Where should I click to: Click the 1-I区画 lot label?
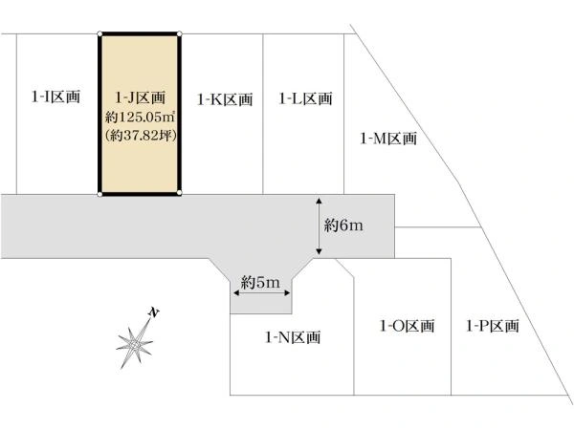point(55,97)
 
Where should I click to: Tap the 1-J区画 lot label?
point(141,97)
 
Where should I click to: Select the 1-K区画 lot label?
point(225,99)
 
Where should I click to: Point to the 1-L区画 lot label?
point(306,98)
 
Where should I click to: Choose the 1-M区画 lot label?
point(388,139)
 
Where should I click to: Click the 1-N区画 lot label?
point(293,337)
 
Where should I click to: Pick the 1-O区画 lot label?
point(408,326)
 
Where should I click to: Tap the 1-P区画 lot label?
point(493,326)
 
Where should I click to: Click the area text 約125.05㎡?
point(140,118)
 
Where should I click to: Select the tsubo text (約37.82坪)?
point(141,136)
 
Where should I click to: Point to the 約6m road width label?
point(343,226)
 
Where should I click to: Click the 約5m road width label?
point(260,282)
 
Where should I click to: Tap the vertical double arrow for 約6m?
point(319,226)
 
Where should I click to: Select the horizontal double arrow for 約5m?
point(262,293)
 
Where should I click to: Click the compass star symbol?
point(134,344)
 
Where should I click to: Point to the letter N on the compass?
point(154,313)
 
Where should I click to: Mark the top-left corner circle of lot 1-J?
point(99,34)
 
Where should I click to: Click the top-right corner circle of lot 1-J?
point(180,34)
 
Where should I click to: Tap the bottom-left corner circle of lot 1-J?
point(99,194)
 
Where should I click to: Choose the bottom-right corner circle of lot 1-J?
point(179,192)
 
